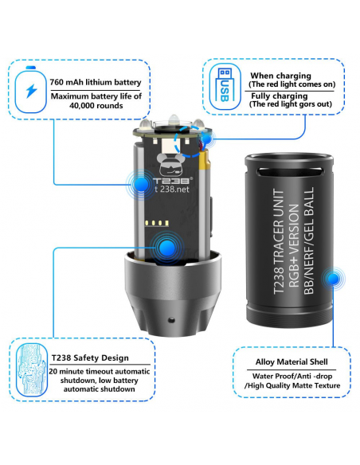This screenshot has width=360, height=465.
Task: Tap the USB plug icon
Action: pyautogui.click(x=225, y=86)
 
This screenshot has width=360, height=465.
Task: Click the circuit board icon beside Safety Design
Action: pyautogui.click(x=31, y=370)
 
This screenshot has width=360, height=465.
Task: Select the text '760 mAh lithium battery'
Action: pyautogui.click(x=96, y=82)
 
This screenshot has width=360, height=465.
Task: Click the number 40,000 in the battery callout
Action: pyautogui.click(x=83, y=106)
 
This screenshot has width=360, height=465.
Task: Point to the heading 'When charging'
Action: pyautogui.click(x=280, y=76)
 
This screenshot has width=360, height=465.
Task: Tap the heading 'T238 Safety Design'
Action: pyautogui.click(x=90, y=358)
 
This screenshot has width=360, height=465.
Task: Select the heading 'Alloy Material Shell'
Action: pyautogui.click(x=292, y=361)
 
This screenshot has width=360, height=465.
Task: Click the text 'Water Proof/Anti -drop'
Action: pyautogui.click(x=292, y=376)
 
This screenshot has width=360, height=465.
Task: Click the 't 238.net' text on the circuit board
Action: pyautogui.click(x=172, y=189)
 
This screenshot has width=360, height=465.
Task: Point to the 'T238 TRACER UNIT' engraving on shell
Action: pyautogui.click(x=279, y=241)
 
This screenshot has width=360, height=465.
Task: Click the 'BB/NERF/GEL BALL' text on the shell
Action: pyautogui.click(x=309, y=240)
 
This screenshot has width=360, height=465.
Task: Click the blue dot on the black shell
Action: pyautogui.click(x=334, y=279)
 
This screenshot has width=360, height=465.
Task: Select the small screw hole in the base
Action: pyautogui.click(x=171, y=320)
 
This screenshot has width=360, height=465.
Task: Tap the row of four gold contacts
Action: pyautogui.click(x=157, y=223)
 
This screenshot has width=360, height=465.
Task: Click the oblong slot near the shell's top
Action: pyautogui.click(x=289, y=171)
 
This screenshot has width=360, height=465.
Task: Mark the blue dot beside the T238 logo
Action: pyautogui.click(x=141, y=185)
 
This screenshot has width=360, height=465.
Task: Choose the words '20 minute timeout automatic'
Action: pyautogui.click(x=100, y=371)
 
